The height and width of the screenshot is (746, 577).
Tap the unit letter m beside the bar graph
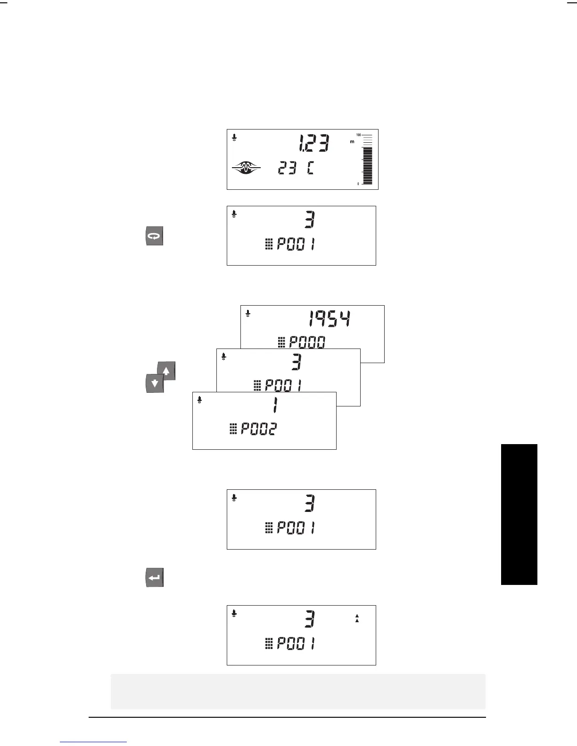[352, 141]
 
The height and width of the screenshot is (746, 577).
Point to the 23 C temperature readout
[295, 168]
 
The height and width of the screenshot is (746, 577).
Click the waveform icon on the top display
[246, 167]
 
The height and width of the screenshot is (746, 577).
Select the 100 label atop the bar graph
[358, 135]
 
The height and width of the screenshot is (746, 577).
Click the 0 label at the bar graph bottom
[358, 184]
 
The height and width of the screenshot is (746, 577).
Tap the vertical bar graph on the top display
[367, 160]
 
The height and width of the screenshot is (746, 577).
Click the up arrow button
[166, 371]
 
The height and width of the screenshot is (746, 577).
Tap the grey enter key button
[154, 577]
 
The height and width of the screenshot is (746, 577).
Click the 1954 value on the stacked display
[330, 320]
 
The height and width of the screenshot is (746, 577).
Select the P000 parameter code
[307, 342]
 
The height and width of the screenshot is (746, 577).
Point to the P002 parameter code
[259, 429]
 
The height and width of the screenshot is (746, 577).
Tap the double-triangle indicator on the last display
[357, 618]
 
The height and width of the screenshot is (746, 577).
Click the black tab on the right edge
[519, 514]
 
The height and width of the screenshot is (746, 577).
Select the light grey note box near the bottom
[298, 691]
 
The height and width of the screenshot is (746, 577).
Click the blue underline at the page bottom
[94, 742]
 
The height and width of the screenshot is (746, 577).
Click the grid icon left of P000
[281, 343]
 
